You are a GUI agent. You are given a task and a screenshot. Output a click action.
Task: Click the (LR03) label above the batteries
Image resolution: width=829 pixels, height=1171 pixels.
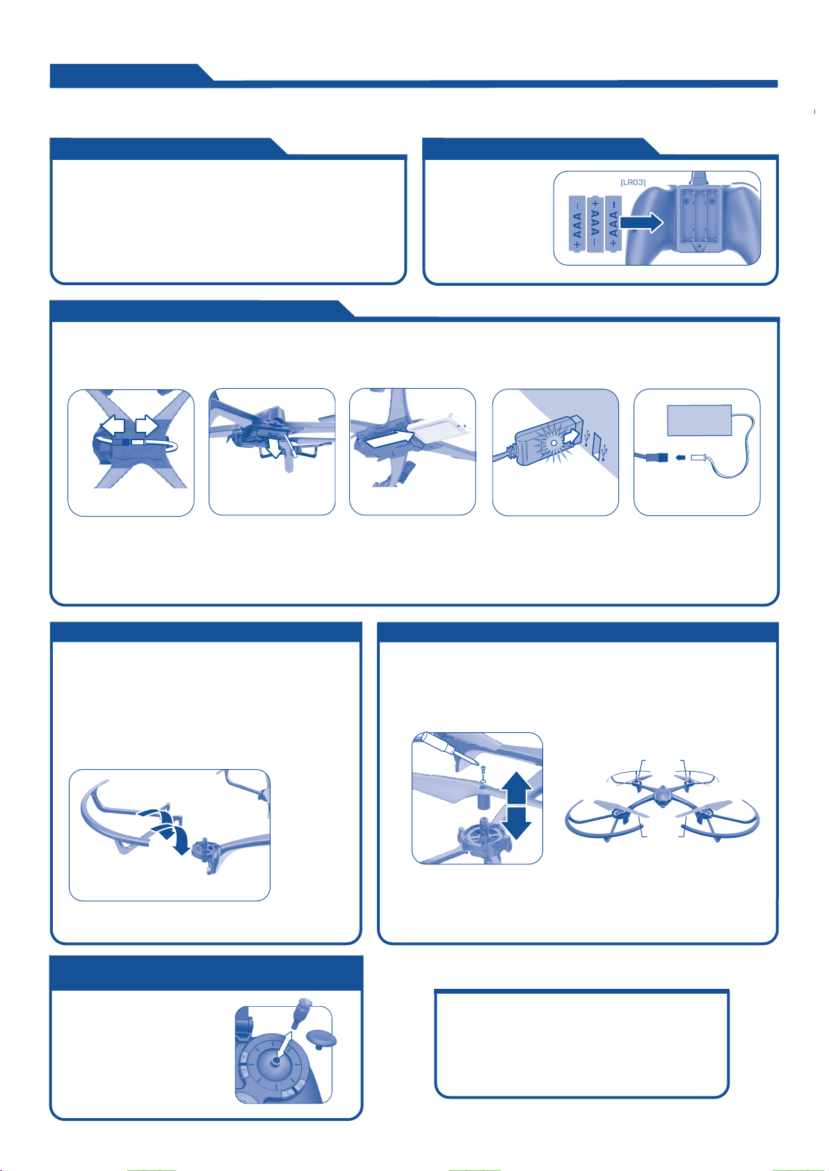point(632,182)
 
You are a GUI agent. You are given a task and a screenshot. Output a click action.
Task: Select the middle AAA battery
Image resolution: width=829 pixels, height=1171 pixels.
point(595,224)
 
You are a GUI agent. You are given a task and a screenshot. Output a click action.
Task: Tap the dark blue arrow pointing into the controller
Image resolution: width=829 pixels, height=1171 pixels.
point(641,223)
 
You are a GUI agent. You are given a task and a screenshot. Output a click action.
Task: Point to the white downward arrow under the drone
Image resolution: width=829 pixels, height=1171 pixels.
point(274,448)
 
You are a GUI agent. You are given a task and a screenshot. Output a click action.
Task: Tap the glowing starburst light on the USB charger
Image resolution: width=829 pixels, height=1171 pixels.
point(553,443)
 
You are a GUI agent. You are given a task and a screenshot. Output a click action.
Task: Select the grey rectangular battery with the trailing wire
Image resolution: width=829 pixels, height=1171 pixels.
point(699,420)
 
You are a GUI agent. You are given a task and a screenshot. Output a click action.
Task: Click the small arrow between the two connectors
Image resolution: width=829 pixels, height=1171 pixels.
point(679,458)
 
